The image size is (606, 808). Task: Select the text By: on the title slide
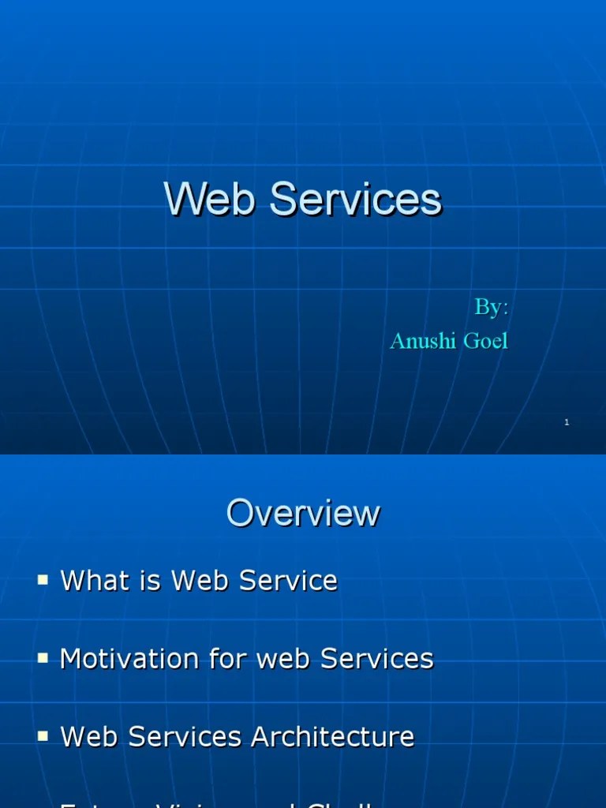point(491,308)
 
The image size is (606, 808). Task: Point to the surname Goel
point(485,341)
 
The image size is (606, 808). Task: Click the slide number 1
point(567,423)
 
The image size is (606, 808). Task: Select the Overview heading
point(303,514)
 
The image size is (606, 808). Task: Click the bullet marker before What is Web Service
point(43,580)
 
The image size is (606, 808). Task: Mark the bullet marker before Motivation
point(43,657)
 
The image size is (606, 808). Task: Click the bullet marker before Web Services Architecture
point(43,735)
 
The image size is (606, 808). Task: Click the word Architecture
point(332,737)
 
